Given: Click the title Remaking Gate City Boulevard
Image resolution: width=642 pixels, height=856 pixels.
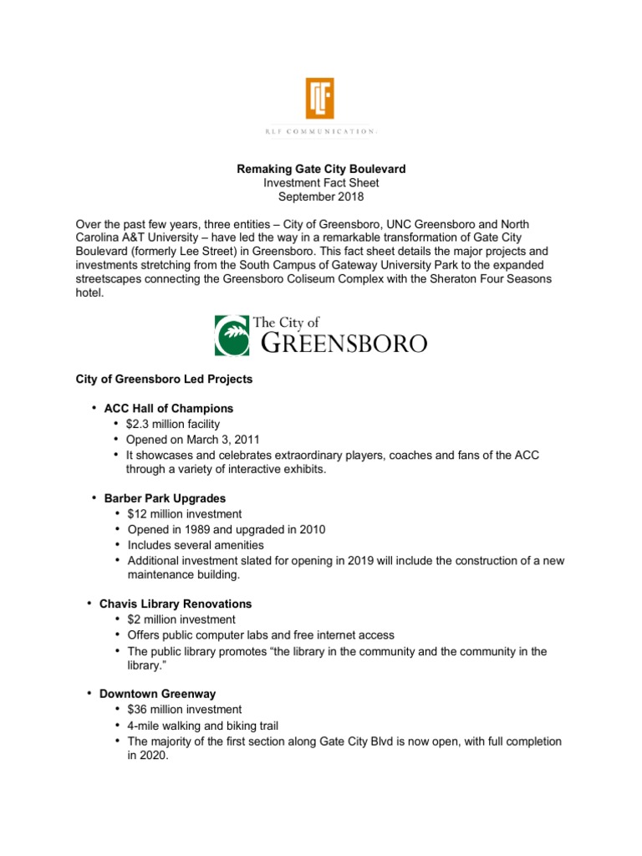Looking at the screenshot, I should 322,170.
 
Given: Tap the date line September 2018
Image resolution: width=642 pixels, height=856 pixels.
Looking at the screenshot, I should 322,196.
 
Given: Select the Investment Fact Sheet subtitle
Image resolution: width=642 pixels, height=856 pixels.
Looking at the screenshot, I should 322,183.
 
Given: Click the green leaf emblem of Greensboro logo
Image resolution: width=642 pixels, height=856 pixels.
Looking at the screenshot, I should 231,335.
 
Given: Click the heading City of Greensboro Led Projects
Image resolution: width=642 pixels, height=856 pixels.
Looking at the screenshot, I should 164,379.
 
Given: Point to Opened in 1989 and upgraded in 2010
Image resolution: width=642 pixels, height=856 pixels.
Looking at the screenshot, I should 226,530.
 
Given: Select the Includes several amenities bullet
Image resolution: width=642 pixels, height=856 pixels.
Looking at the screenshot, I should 196,545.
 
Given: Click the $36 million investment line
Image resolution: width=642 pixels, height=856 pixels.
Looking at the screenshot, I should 184,710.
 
